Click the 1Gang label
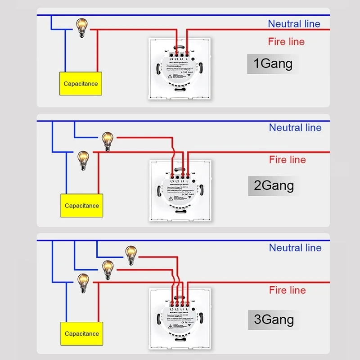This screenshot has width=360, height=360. [x=273, y=63]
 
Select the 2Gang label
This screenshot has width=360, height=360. [x=274, y=185]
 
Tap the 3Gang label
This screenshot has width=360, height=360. [x=274, y=319]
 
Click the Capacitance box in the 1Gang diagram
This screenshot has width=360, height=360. [x=81, y=84]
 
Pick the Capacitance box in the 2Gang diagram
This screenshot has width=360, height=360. [x=81, y=206]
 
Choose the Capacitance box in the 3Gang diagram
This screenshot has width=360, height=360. [x=81, y=334]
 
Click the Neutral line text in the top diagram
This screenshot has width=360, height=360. [x=294, y=24]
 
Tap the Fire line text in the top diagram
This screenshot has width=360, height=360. [x=286, y=42]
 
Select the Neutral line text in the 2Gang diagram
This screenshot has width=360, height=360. [x=295, y=128]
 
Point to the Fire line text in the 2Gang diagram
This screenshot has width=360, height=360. [x=287, y=160]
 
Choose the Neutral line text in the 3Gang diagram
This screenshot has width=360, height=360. [x=295, y=247]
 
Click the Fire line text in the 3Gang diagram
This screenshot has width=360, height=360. [x=287, y=290]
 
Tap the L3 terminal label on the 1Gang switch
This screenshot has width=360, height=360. [x=171, y=59]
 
